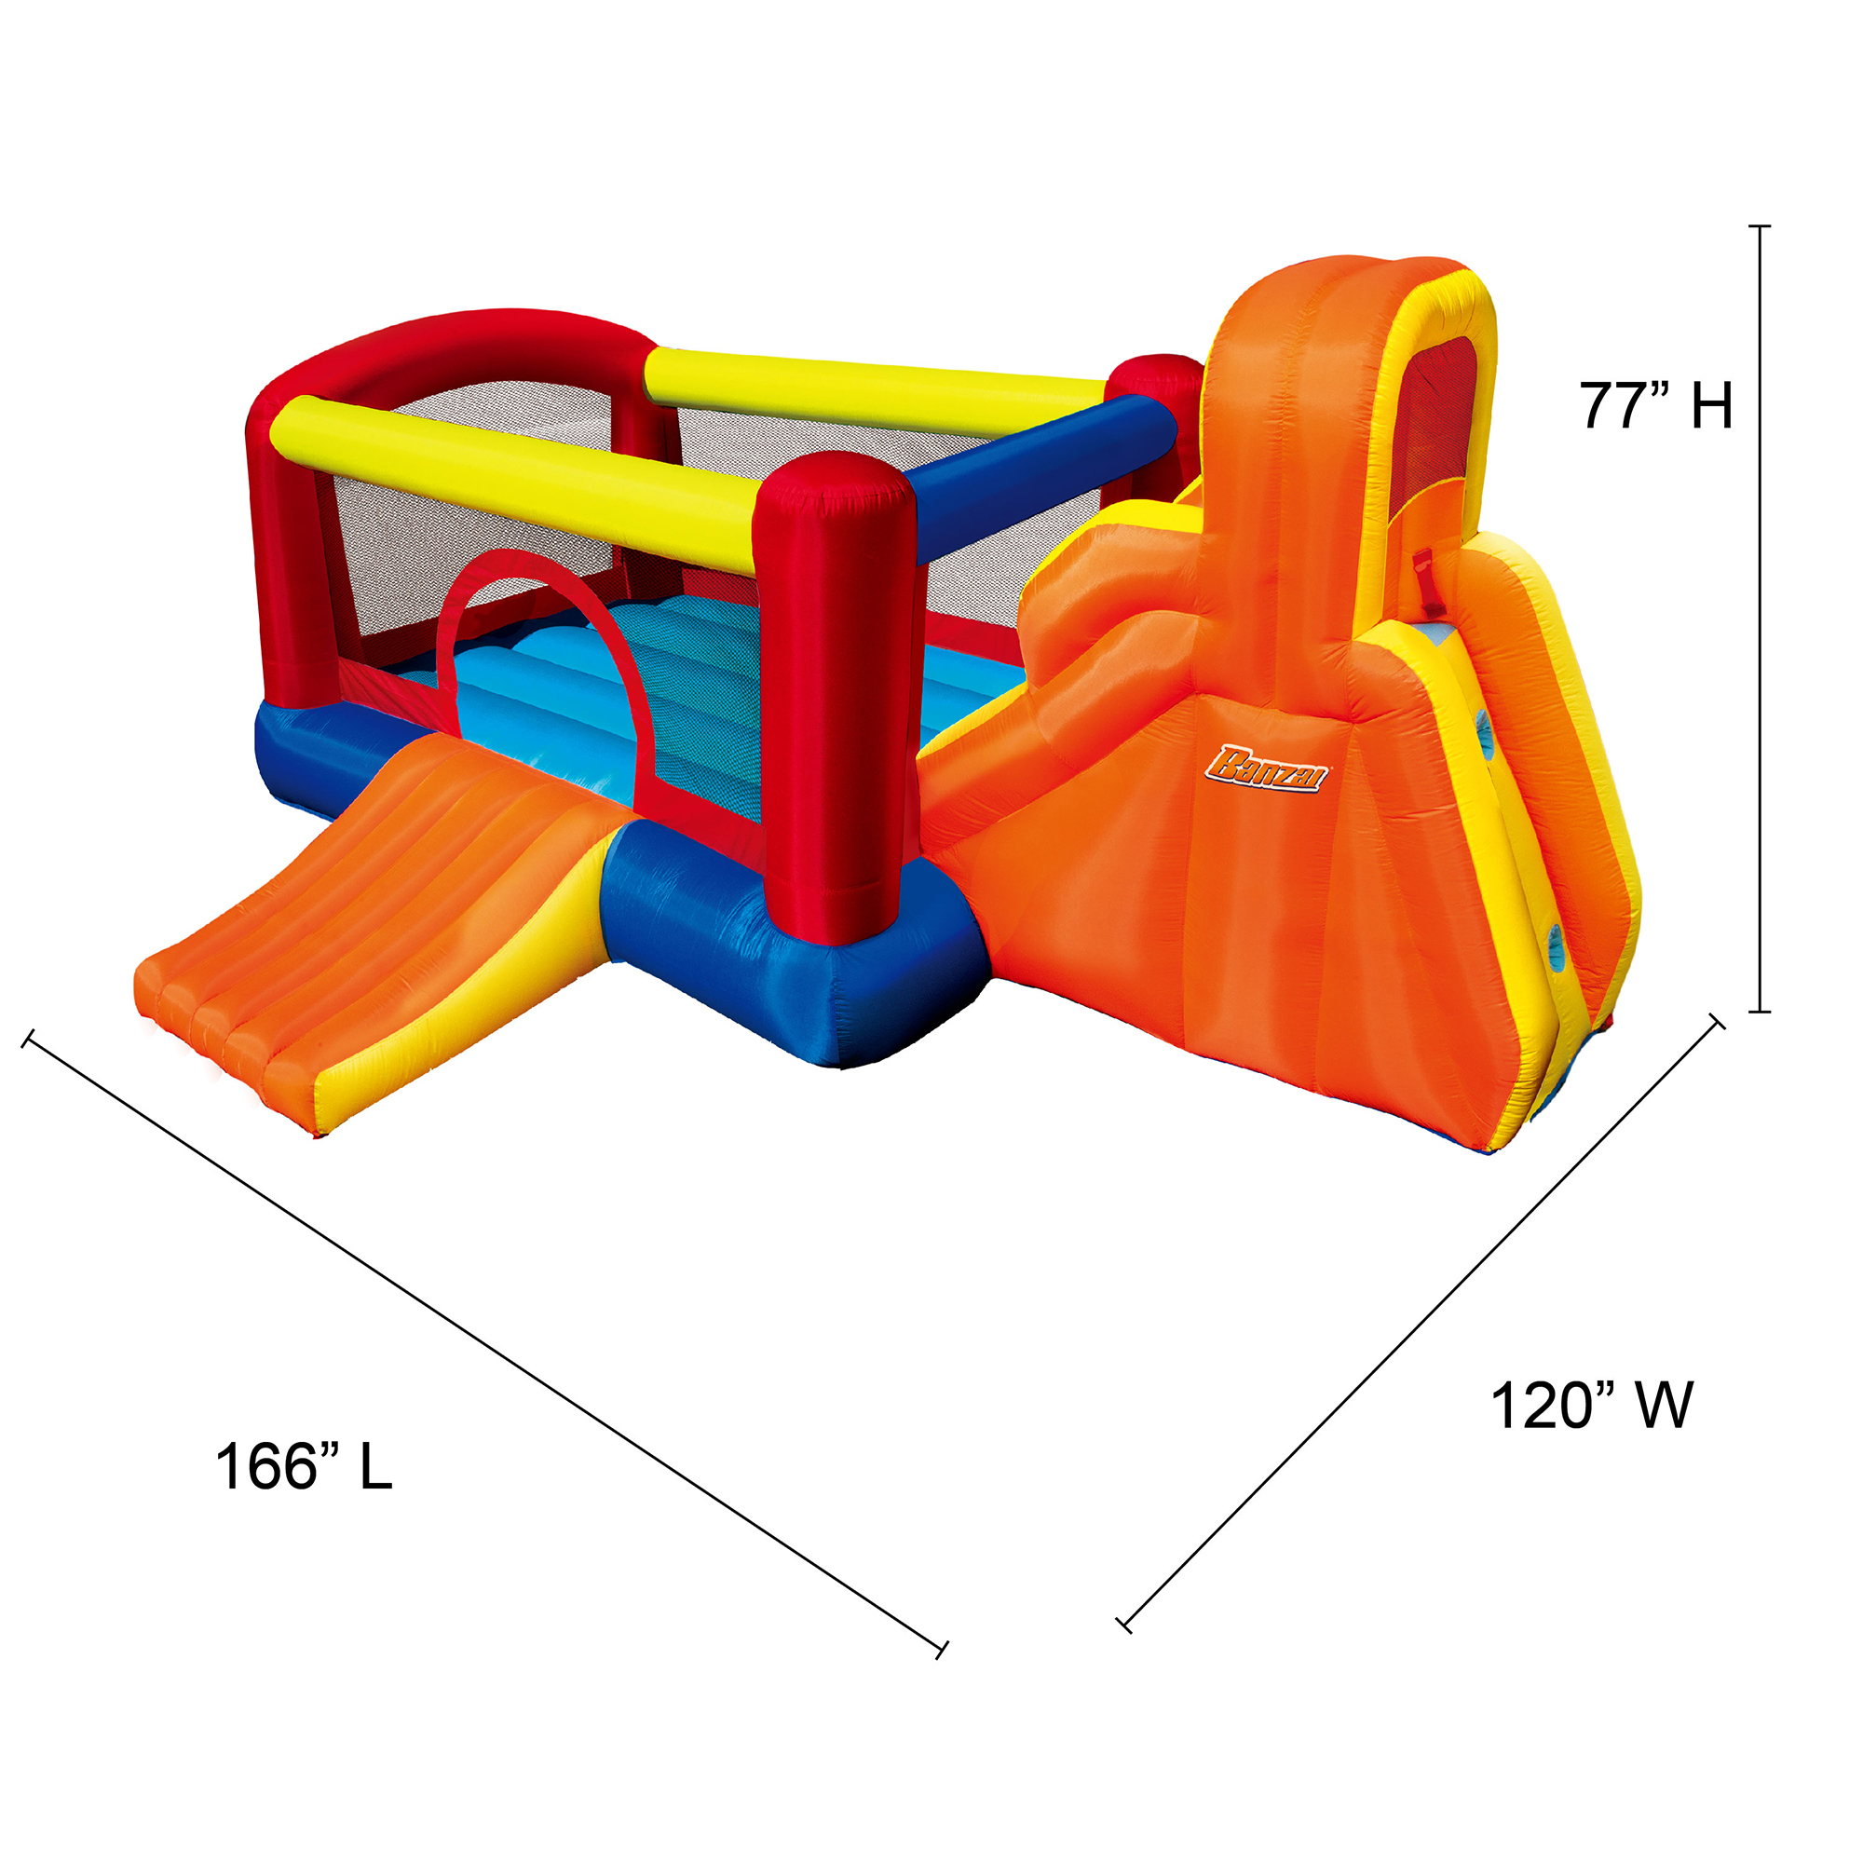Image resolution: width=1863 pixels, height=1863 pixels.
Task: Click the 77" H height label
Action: coord(1654,405)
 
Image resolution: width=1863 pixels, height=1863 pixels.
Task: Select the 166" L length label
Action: coord(304,1467)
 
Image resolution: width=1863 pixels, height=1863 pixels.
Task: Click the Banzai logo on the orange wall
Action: coord(1266,768)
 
